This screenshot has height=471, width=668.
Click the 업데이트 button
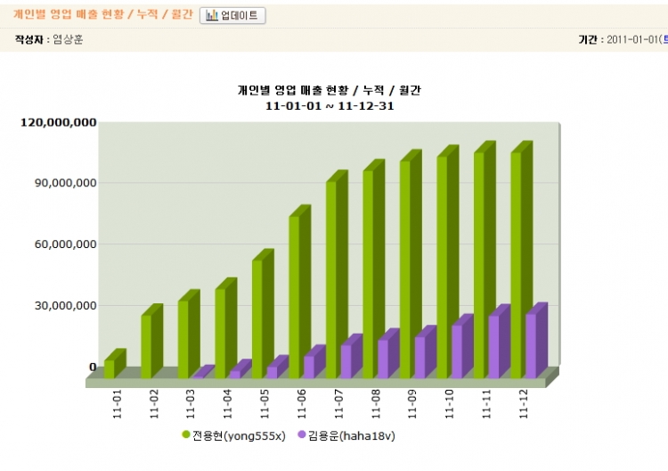coord(232,16)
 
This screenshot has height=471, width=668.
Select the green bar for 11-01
coord(110,368)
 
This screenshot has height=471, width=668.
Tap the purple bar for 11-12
coord(532,345)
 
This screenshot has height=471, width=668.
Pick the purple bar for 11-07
coord(346,360)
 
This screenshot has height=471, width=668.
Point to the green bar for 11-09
coord(405,268)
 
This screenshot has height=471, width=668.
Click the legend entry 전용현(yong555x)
coord(233,434)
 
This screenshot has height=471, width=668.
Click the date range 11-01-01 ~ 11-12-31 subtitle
coord(330,106)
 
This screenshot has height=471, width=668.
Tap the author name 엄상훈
coord(68,40)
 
